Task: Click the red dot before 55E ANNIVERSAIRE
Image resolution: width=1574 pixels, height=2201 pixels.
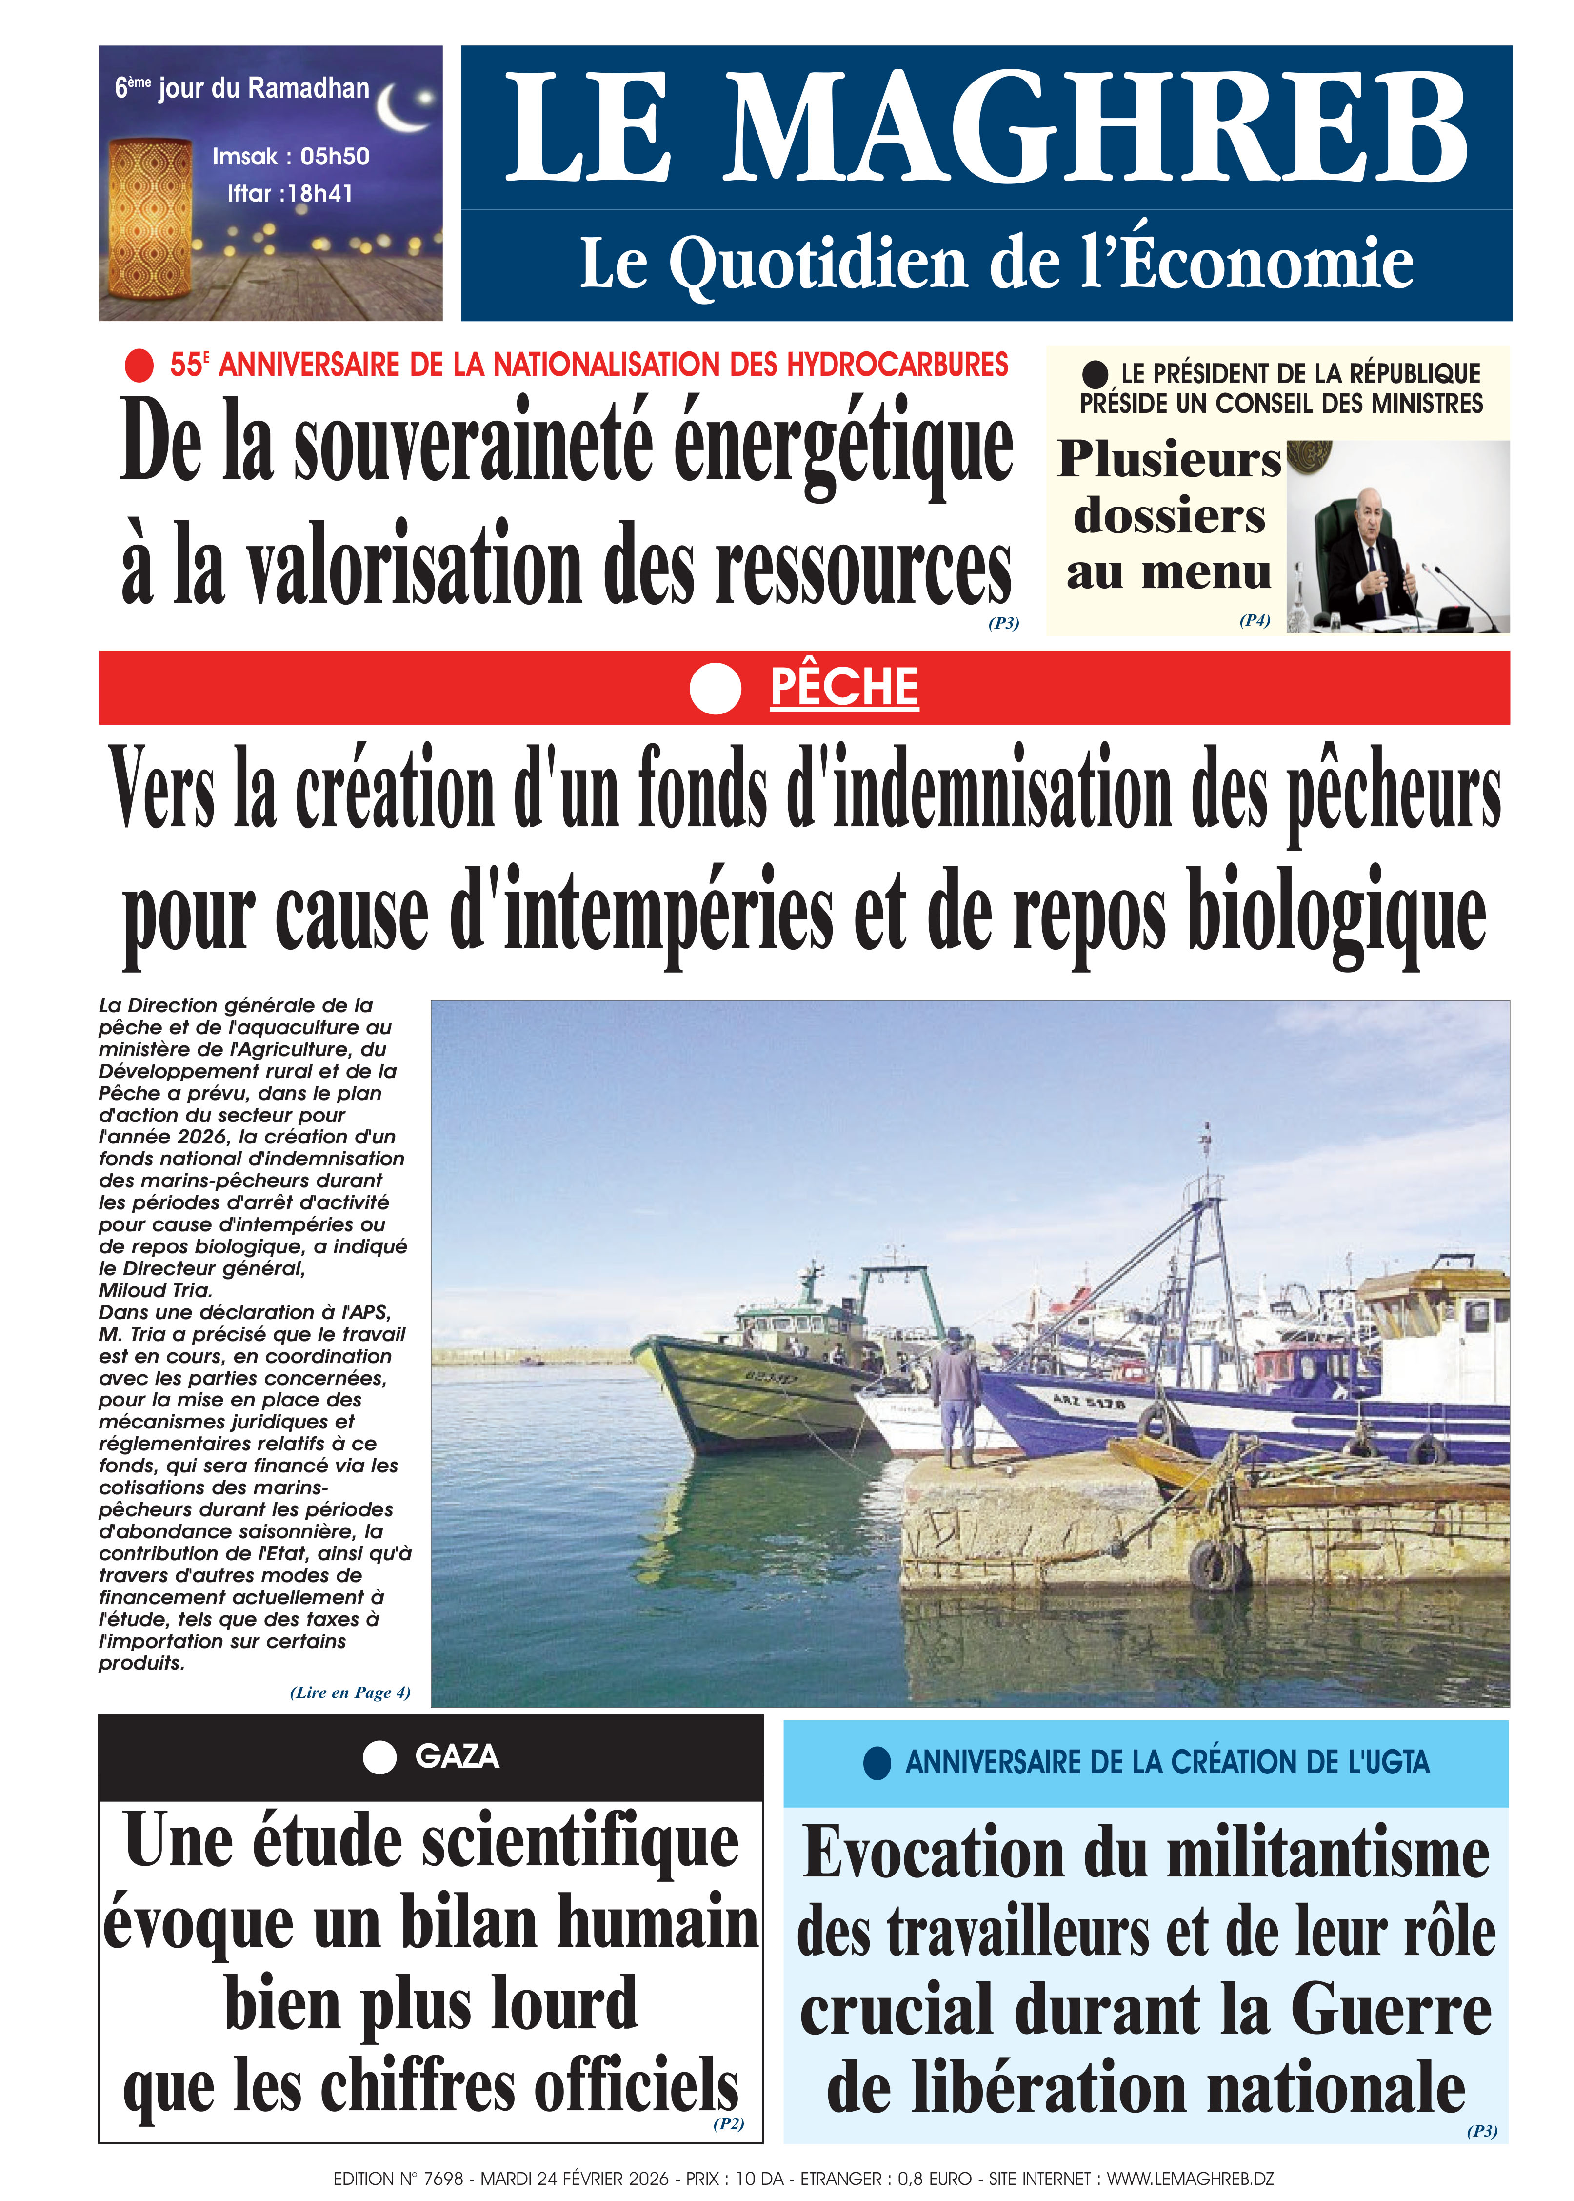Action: click(x=139, y=366)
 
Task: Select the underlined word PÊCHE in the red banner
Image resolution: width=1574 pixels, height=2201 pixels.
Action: click(x=843, y=688)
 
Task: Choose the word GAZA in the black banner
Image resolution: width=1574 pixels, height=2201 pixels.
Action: click(x=457, y=1756)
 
